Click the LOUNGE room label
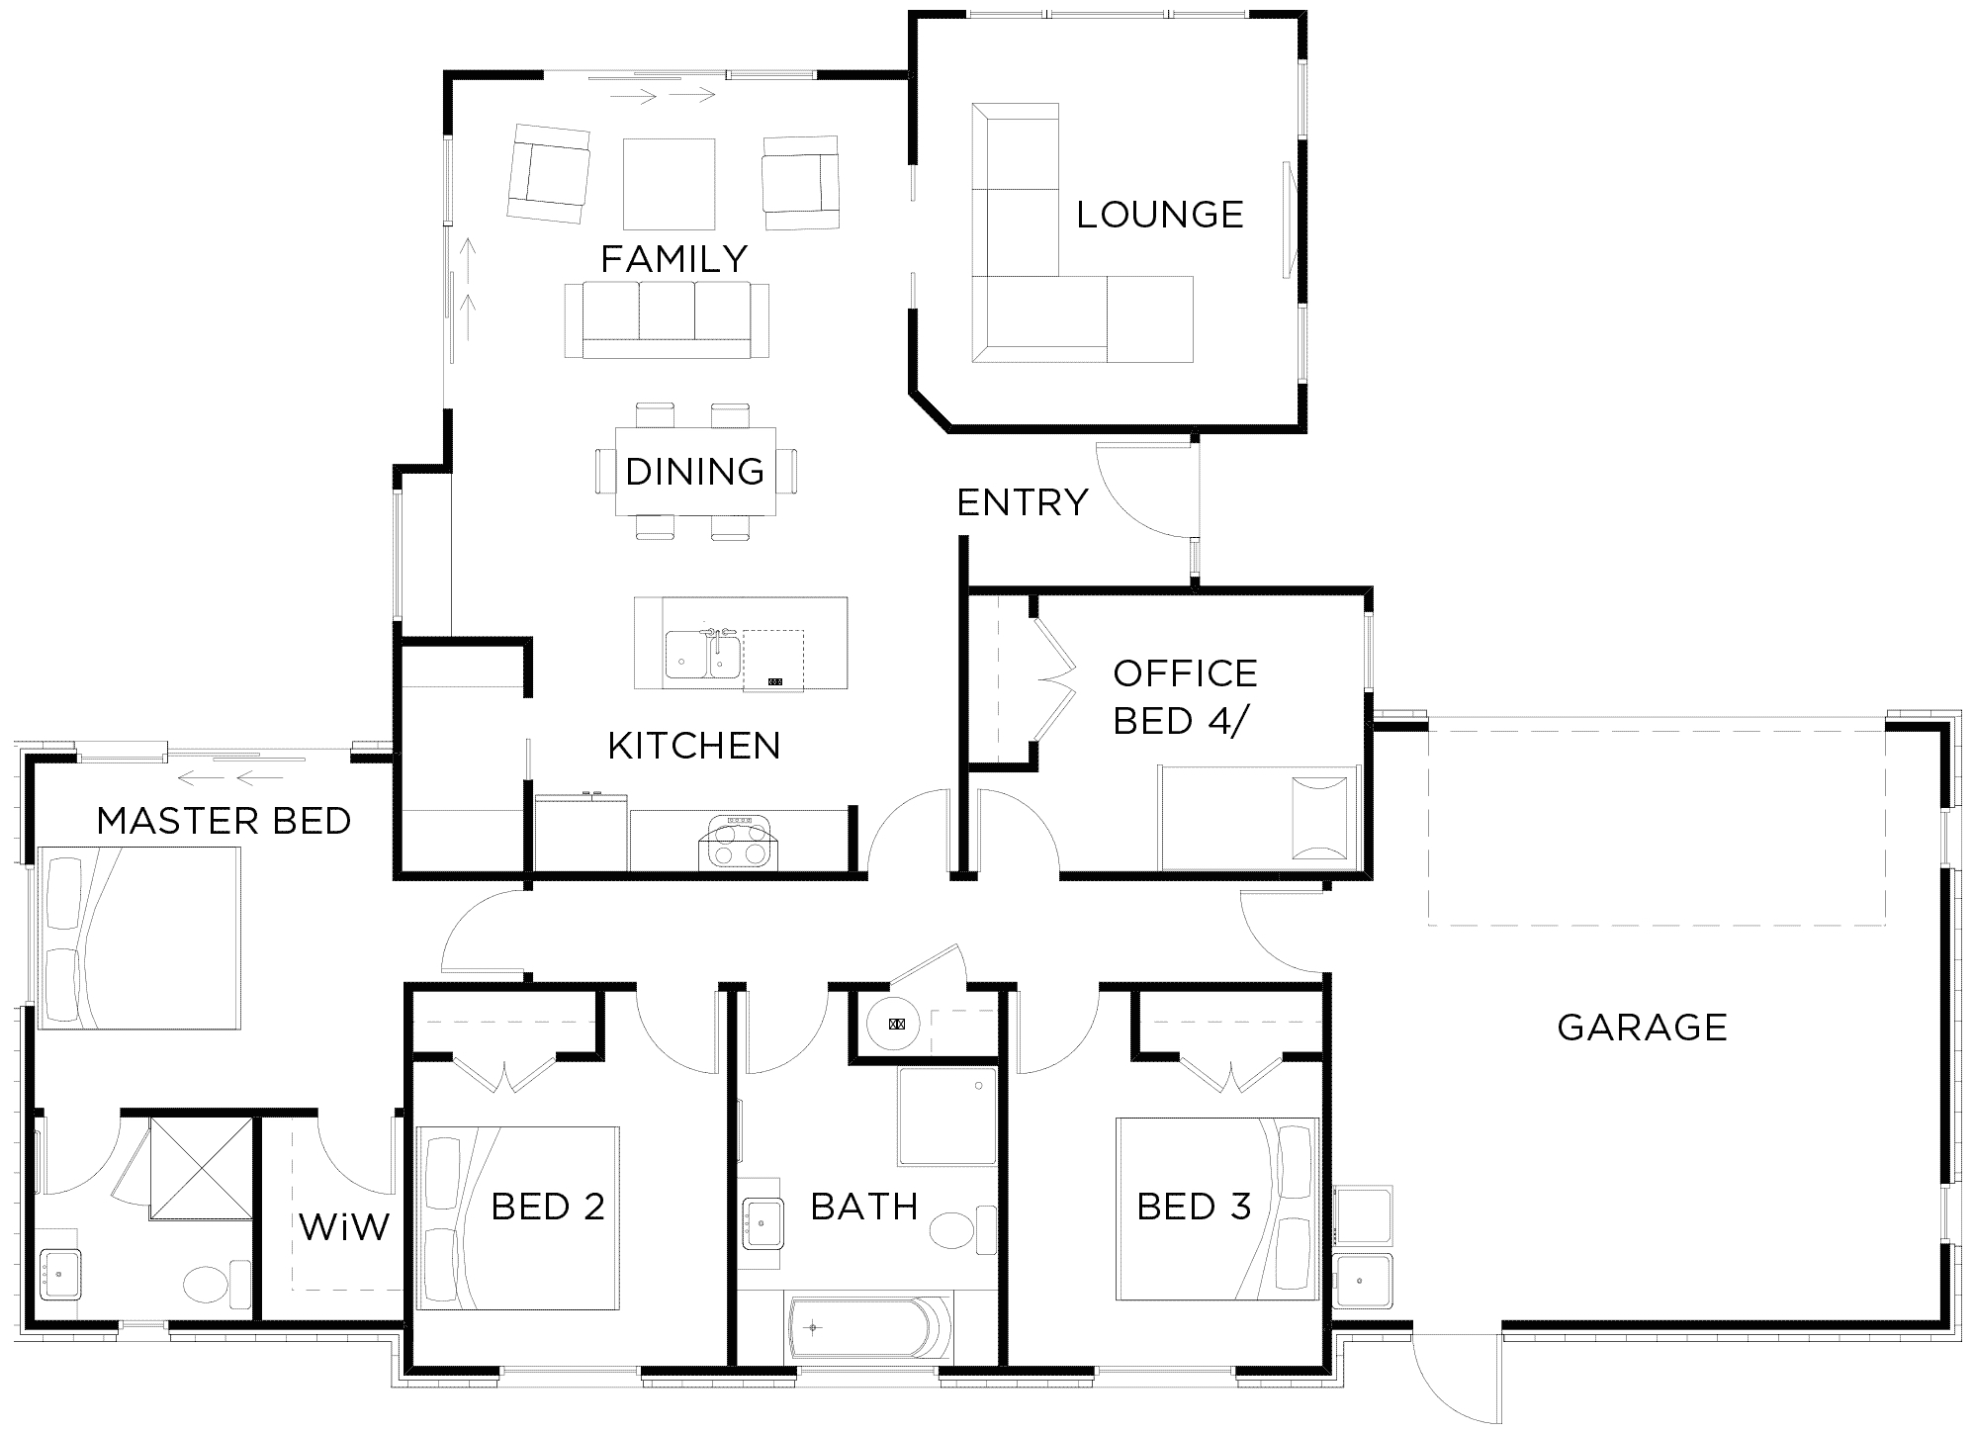pos(1160,215)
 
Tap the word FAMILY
pos(674,259)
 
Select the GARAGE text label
pos(1643,1028)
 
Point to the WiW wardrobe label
pos(344,1228)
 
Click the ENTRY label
pos(1023,502)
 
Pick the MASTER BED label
pos(224,821)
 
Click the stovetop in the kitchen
pos(737,841)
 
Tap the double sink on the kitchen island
pos(702,654)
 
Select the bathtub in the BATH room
pos(870,1326)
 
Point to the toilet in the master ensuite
pos(218,1285)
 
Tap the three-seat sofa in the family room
pos(667,319)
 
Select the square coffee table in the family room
pos(669,184)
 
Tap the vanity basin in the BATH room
pos(762,1224)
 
